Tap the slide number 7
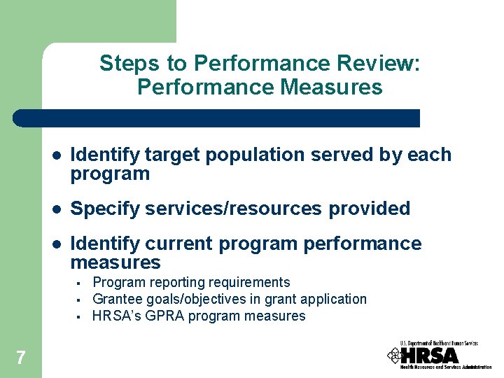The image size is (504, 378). [20, 358]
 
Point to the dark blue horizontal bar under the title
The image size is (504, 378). [217, 118]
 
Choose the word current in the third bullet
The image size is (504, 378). [179, 244]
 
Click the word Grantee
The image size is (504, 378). [117, 300]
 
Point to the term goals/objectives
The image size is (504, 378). [195, 300]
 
